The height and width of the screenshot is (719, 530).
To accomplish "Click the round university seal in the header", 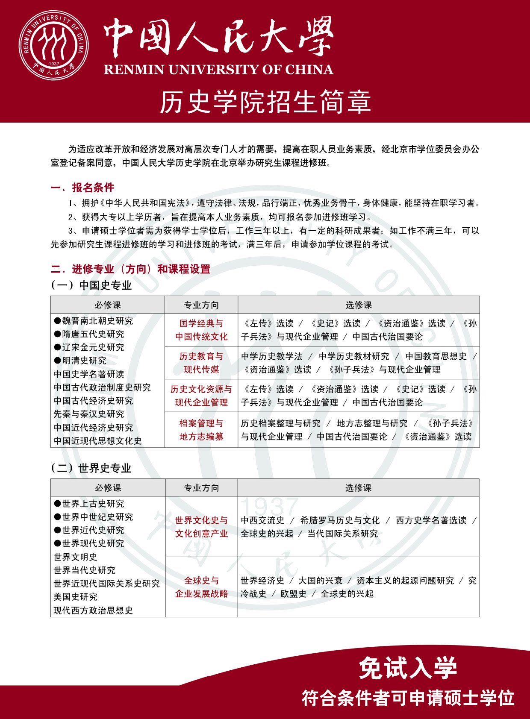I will pos(54,45).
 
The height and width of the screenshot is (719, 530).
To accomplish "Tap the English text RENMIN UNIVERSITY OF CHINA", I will pos(218,69).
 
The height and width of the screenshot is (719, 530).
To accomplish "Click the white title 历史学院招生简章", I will pos(265,102).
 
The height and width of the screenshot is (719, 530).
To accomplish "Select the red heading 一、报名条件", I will pos(82,188).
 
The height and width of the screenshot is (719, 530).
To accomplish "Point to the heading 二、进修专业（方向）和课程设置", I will pos(130,269).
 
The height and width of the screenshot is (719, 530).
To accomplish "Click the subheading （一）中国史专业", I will pos(91,285).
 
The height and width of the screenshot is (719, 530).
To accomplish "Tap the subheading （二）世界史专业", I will pos(91,468).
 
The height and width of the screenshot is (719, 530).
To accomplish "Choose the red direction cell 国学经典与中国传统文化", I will pos(201,330).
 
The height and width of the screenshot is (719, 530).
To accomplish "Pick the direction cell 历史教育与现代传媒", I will pos(201,363).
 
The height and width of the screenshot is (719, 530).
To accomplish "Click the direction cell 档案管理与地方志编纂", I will pos(201,430).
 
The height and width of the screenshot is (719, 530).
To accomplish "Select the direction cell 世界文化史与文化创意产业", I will pos(201,527).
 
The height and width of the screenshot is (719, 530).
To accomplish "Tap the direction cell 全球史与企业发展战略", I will pos(201,587).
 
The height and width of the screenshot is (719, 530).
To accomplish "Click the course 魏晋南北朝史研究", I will pos(94,321).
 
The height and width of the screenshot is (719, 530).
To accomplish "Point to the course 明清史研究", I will pos(80,361).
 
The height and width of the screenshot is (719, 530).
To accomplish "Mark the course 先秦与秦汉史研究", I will pos(89,414).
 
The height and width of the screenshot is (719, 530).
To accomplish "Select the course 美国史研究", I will pos(76,597).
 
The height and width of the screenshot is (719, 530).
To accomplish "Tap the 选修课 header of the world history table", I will pos(358,488).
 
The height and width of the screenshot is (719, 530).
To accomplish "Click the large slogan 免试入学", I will pos(408,668).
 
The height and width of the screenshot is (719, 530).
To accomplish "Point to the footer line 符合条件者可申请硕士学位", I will pos(408,698).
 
